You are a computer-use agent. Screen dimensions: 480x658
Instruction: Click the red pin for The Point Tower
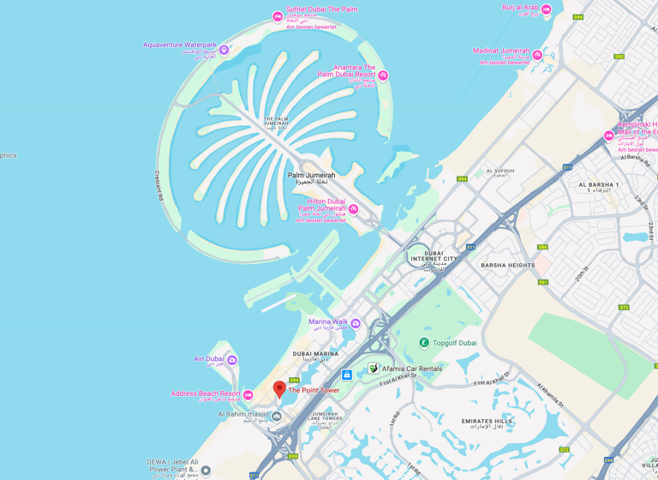tap(279, 389)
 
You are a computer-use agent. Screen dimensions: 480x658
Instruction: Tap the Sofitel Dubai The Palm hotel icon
tap(278, 16)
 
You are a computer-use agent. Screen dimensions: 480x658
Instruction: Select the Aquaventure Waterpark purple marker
tap(224, 50)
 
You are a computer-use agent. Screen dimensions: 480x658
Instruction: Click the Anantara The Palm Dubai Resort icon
tap(383, 75)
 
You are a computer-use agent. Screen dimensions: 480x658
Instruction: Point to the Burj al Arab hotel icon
tap(546, 9)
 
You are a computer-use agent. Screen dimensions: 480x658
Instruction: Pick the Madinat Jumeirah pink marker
tap(537, 55)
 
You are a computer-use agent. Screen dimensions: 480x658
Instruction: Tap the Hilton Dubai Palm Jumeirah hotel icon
tap(353, 209)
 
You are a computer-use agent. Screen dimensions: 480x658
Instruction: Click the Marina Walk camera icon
tap(356, 323)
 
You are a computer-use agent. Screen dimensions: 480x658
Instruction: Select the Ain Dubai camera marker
tap(231, 360)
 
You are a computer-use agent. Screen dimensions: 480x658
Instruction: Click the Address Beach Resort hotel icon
tap(248, 395)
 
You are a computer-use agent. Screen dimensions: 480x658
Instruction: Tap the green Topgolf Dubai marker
tap(423, 343)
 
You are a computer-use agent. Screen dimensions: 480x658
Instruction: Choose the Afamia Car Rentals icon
tap(374, 368)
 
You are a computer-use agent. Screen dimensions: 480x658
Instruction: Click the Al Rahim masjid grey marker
tap(276, 417)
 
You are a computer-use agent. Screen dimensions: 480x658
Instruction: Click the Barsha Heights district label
tap(507, 266)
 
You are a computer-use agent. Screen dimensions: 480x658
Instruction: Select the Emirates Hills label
tap(487, 422)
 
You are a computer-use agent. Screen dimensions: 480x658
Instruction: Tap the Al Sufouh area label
tap(500, 171)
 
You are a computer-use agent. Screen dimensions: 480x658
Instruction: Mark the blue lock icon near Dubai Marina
tap(346, 375)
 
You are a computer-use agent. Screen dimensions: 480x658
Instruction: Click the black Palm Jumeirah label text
tap(311, 175)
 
